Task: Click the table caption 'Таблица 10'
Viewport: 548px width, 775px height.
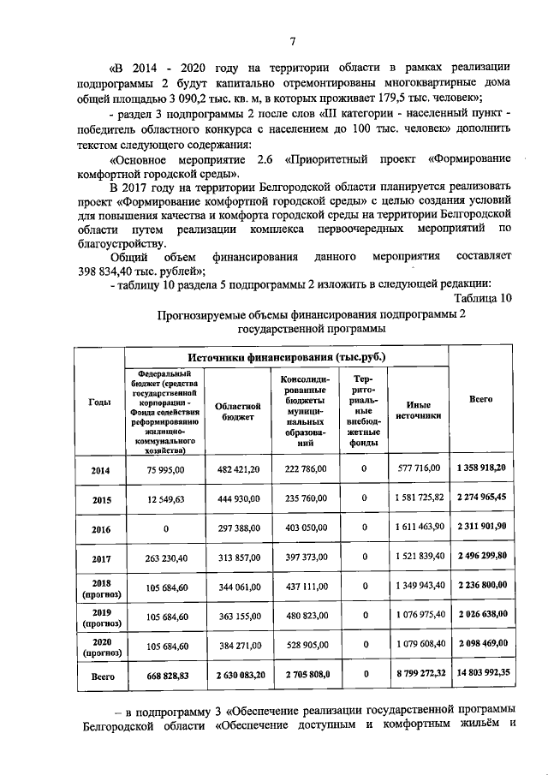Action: [483, 298]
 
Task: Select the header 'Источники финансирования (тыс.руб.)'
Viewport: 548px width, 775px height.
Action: [286, 356]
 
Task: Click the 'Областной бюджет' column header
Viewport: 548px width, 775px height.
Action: [235, 410]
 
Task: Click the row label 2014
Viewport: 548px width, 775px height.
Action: [98, 469]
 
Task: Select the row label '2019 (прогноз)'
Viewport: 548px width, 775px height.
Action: [98, 618]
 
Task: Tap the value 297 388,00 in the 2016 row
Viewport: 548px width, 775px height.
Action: [235, 528]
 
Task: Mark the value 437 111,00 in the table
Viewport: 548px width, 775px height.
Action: [307, 587]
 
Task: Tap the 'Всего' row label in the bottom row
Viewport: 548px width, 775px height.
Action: [98, 675]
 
